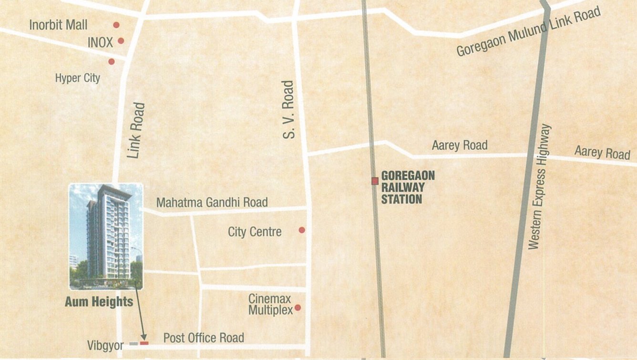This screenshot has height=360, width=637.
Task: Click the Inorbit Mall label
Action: (58, 24)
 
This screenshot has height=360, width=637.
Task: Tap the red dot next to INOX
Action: (121, 41)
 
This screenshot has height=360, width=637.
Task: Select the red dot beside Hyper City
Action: (112, 62)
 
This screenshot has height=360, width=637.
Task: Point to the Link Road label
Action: (135, 130)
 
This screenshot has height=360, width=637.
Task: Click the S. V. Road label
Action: (288, 110)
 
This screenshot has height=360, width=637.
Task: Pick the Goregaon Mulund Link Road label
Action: (528, 32)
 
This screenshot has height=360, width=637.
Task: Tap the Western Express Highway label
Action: (539, 186)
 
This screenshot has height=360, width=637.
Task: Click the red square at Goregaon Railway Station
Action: (375, 181)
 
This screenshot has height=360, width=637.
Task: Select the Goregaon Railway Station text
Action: (408, 187)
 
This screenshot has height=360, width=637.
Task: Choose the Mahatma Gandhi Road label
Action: (212, 202)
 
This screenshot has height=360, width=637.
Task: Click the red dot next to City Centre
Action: (302, 230)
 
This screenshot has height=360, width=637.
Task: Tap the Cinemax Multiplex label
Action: (270, 304)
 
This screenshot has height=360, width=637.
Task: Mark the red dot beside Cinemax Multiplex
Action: (298, 308)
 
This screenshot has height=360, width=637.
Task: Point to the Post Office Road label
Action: (204, 338)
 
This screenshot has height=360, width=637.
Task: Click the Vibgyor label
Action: (105, 345)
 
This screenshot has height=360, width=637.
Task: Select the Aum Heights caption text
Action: (99, 302)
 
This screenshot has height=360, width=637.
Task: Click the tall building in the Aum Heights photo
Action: (109, 234)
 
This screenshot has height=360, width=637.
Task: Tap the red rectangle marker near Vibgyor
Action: (144, 343)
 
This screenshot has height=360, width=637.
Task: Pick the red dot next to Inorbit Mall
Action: (116, 25)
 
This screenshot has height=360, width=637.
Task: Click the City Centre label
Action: (255, 232)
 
